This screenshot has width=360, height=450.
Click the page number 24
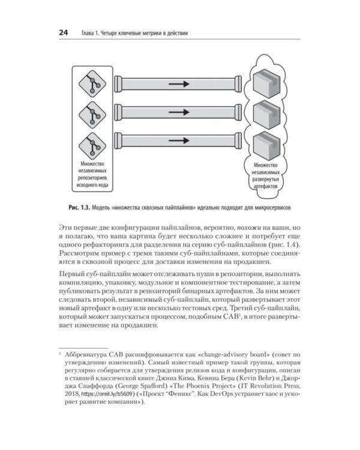[64, 32]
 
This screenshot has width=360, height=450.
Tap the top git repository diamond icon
[92, 84]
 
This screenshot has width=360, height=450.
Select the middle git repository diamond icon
[92, 115]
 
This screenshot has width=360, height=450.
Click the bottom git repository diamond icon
[92, 146]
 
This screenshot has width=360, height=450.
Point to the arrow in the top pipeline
[179, 84]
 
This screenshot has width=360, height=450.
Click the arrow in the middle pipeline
[179, 112]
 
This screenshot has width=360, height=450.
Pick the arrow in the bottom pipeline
[179, 140]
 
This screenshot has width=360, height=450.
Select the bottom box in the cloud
[266, 146]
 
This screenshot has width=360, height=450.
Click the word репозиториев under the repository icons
[92, 178]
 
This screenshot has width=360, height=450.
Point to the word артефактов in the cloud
[266, 186]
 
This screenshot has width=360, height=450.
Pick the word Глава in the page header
[88, 33]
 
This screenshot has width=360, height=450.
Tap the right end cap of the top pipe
[238, 84]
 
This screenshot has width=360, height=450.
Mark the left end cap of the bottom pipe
[118, 140]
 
